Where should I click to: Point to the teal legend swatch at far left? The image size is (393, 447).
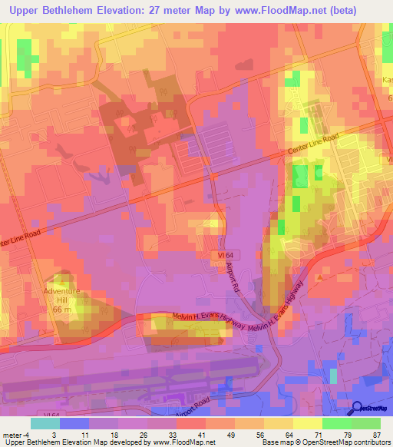click(x=45, y=423)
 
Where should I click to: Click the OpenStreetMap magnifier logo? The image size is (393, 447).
click(x=358, y=409)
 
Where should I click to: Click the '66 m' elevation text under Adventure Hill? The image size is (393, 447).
click(x=61, y=308)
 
